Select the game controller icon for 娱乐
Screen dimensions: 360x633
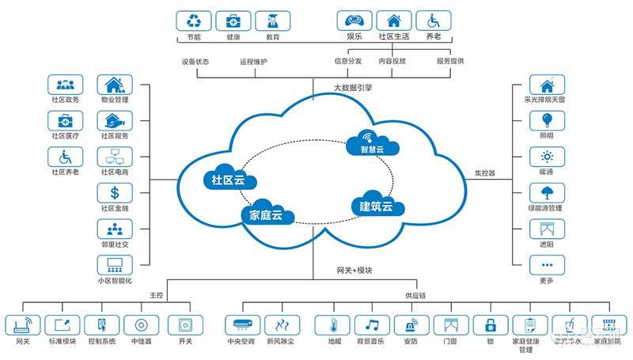click(354, 21)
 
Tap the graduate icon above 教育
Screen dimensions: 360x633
click(272, 21)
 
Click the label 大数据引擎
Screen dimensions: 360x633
click(352, 87)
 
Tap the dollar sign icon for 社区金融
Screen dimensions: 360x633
click(115, 192)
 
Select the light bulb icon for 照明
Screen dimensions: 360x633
click(546, 121)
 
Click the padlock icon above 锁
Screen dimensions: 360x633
click(491, 324)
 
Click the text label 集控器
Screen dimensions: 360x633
click(484, 172)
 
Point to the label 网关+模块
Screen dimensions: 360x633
click(354, 271)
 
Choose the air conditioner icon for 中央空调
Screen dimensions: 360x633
click(242, 324)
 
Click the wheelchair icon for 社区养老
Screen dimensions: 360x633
click(66, 157)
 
